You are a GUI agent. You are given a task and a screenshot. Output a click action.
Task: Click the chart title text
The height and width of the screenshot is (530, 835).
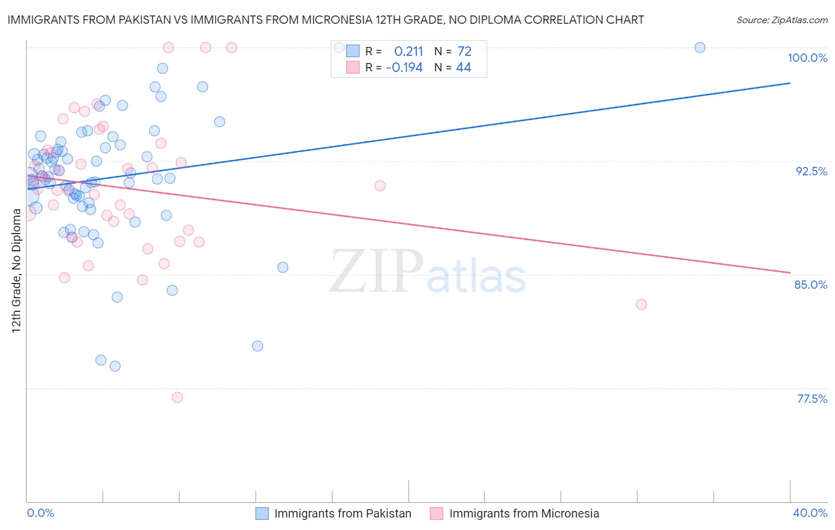(x=325, y=20)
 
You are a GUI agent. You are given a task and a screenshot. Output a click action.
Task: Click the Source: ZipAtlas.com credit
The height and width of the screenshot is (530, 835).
(x=782, y=20)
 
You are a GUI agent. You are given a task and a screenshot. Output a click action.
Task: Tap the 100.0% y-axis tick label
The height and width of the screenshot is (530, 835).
(x=807, y=58)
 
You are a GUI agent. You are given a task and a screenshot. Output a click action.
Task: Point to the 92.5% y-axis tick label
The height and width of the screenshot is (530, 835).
(x=811, y=171)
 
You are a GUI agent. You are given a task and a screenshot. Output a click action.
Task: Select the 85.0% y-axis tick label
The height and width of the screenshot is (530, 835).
(x=811, y=285)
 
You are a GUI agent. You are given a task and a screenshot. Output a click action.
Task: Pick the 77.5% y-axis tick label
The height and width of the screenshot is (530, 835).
(x=812, y=399)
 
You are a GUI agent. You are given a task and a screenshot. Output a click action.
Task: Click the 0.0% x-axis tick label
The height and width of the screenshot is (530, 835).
(x=40, y=513)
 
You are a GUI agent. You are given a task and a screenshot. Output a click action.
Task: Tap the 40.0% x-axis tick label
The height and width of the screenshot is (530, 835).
(x=810, y=513)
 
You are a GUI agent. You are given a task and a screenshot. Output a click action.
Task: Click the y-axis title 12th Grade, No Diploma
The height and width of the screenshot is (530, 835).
(x=16, y=270)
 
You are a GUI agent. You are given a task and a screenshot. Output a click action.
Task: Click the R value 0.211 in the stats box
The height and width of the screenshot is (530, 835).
(x=409, y=52)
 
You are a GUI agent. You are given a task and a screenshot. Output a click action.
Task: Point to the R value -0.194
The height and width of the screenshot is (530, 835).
(x=404, y=68)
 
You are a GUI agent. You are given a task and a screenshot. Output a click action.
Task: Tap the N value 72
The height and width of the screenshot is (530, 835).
(x=464, y=52)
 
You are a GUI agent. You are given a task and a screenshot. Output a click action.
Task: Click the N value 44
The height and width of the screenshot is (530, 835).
(x=463, y=68)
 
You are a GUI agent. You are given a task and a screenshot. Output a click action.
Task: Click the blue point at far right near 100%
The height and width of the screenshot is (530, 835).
(x=700, y=48)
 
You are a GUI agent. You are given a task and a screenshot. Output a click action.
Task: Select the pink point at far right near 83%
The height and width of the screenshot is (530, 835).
(x=641, y=304)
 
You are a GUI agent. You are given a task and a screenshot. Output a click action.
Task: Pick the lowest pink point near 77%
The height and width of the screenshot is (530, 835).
(x=177, y=398)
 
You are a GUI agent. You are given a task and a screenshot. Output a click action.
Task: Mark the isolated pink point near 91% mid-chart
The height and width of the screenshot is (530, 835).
(x=380, y=185)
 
